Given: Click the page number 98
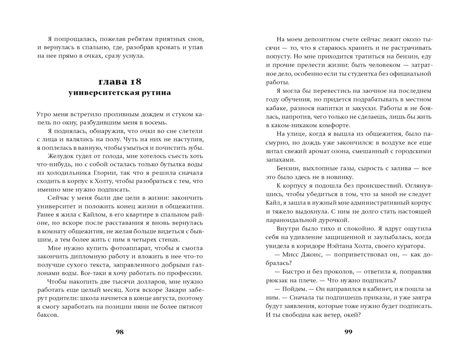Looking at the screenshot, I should pyautogui.click(x=120, y=332).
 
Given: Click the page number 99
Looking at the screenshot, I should pyautogui.click(x=348, y=332).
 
